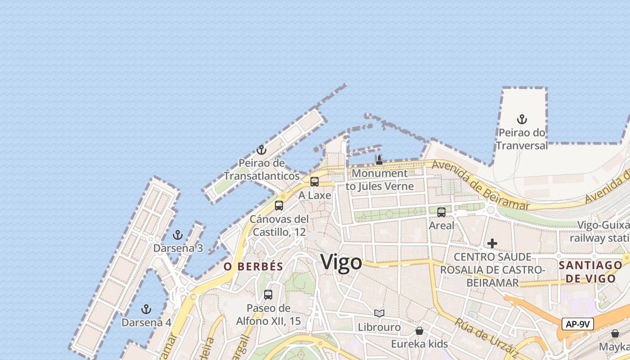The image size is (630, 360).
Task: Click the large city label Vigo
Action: (x=341, y=262)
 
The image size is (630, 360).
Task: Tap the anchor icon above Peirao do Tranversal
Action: (x=522, y=119)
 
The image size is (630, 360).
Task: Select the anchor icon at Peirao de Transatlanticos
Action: (x=261, y=150)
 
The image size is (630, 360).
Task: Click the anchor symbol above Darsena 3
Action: (x=178, y=235)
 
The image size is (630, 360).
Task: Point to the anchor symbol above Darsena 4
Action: (x=146, y=309)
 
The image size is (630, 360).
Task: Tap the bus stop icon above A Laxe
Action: (x=315, y=182)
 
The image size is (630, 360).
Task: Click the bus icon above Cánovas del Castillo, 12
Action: (x=279, y=206)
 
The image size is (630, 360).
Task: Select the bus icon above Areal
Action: (x=441, y=212)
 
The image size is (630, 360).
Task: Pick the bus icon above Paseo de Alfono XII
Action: (x=268, y=295)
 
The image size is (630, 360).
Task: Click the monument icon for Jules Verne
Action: (x=379, y=160)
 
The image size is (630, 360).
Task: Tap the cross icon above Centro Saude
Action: (x=492, y=243)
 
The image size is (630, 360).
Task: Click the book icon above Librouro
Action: (x=379, y=313)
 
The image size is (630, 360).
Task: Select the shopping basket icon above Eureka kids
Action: (x=419, y=331)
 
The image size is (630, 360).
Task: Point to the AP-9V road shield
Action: (x=578, y=324)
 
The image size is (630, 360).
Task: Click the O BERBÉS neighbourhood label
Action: (x=253, y=266)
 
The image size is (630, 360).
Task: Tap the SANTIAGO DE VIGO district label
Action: (x=590, y=272)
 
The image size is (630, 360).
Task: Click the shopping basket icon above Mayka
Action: (x=615, y=333)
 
